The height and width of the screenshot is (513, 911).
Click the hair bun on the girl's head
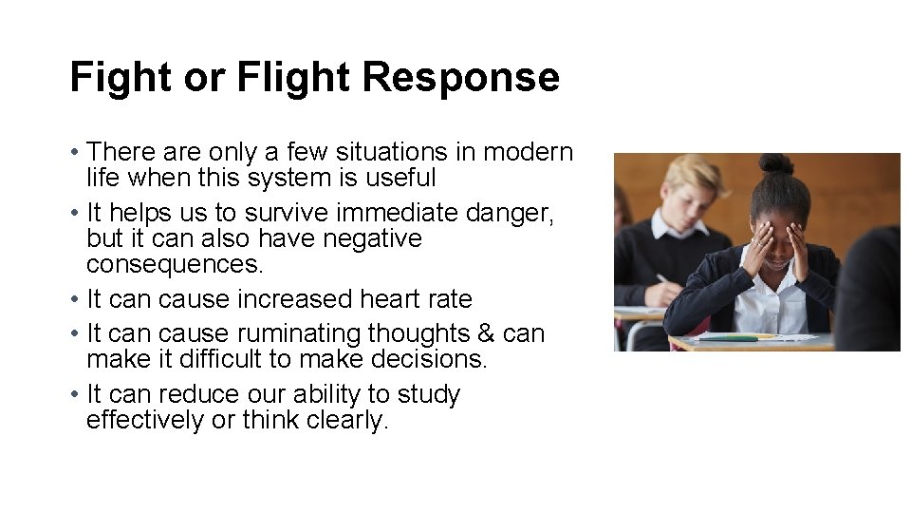pos(775,163)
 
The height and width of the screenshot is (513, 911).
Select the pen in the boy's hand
pos(661,278)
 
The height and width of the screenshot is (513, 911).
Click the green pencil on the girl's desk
pos(731,337)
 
